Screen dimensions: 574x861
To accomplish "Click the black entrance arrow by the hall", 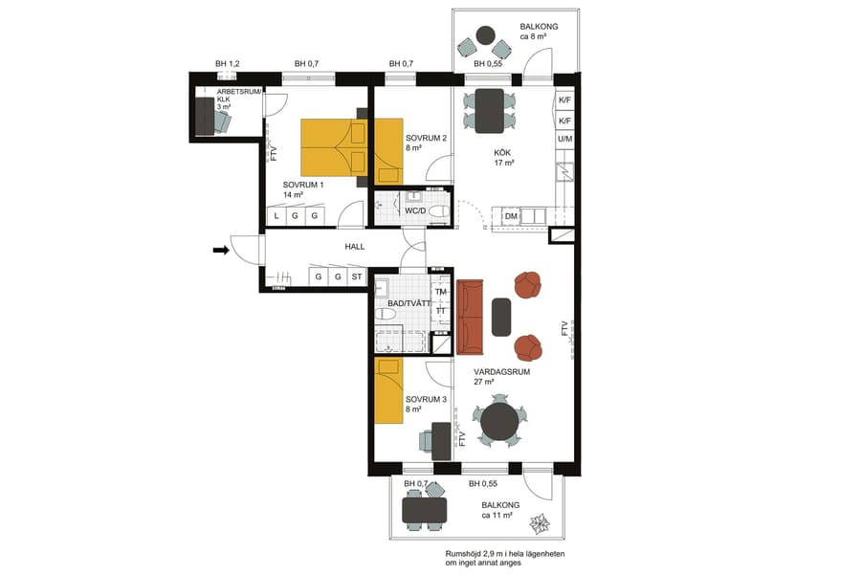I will (221, 251).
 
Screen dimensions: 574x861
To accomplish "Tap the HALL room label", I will (356, 247).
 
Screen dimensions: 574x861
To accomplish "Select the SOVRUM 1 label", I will (302, 185).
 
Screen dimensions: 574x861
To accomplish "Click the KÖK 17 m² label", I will (504, 158).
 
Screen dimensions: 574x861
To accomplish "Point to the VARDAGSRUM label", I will (501, 372).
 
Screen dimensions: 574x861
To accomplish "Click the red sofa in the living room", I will (470, 316).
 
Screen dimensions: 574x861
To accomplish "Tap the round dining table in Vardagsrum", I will (499, 420).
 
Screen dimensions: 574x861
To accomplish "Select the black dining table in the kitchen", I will (489, 110).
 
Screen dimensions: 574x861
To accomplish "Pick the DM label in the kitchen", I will (512, 217).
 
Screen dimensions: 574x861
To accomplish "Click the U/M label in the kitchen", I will (564, 139).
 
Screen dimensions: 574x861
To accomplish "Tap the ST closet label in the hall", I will (357, 277).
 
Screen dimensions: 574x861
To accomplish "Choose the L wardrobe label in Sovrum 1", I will (276, 217).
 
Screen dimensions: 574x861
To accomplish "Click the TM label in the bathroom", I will (441, 292).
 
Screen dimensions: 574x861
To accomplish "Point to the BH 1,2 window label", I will (227, 64).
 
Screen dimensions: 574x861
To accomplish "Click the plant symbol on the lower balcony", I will (540, 522).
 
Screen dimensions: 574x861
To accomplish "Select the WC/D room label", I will (415, 210).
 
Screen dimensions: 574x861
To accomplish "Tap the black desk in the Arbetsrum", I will (205, 116).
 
